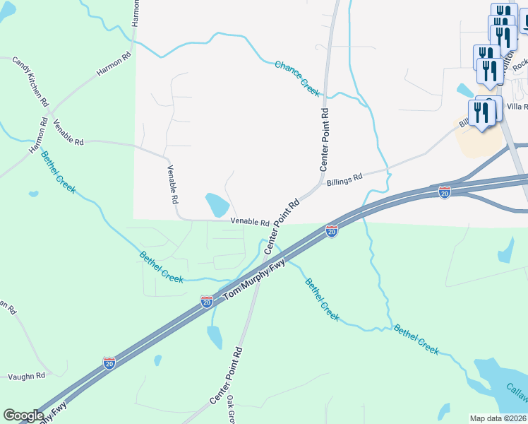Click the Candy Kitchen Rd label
(x=30, y=81)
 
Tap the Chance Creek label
(x=296, y=78)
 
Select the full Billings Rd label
(x=344, y=180)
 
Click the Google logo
(x=23, y=415)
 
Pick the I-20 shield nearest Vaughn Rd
(x=109, y=363)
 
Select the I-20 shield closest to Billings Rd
(x=444, y=192)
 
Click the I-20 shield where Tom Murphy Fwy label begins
(x=207, y=301)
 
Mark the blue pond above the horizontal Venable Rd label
(x=217, y=205)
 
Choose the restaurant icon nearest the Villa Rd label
(x=481, y=113)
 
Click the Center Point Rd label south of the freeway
(x=227, y=375)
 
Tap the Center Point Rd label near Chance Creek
(x=324, y=139)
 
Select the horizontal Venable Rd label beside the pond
(x=250, y=222)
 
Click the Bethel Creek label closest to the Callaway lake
(x=416, y=338)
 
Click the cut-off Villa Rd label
(x=517, y=106)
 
